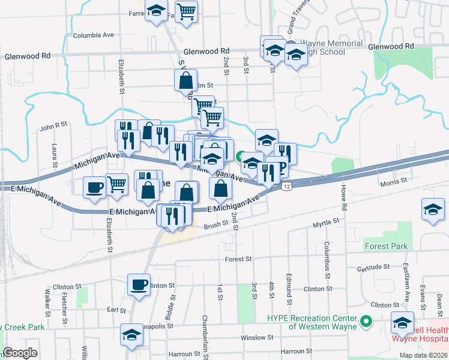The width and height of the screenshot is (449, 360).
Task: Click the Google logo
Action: pos(20,353)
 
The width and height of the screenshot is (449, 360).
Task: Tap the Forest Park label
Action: pos(385,246)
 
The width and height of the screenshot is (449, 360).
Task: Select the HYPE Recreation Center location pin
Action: pos(365,322)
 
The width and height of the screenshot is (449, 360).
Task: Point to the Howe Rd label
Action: pos(345,198)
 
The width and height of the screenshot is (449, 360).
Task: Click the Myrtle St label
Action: pos(326,223)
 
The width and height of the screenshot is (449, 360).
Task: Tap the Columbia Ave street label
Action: pos(94,35)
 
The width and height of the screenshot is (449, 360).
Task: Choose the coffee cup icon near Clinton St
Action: pos(139,284)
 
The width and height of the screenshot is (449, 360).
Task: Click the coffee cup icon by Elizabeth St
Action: pos(94,188)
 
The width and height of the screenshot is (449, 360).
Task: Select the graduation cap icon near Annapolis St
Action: pos(131,335)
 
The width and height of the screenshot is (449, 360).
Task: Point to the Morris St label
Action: pos(394,180)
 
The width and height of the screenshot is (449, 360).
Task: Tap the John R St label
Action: pos(53,126)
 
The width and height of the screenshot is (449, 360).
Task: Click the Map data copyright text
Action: pos(423,355)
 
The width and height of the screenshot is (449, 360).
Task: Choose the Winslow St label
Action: pos(258,338)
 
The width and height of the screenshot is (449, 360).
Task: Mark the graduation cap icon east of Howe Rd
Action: pos(433,210)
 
